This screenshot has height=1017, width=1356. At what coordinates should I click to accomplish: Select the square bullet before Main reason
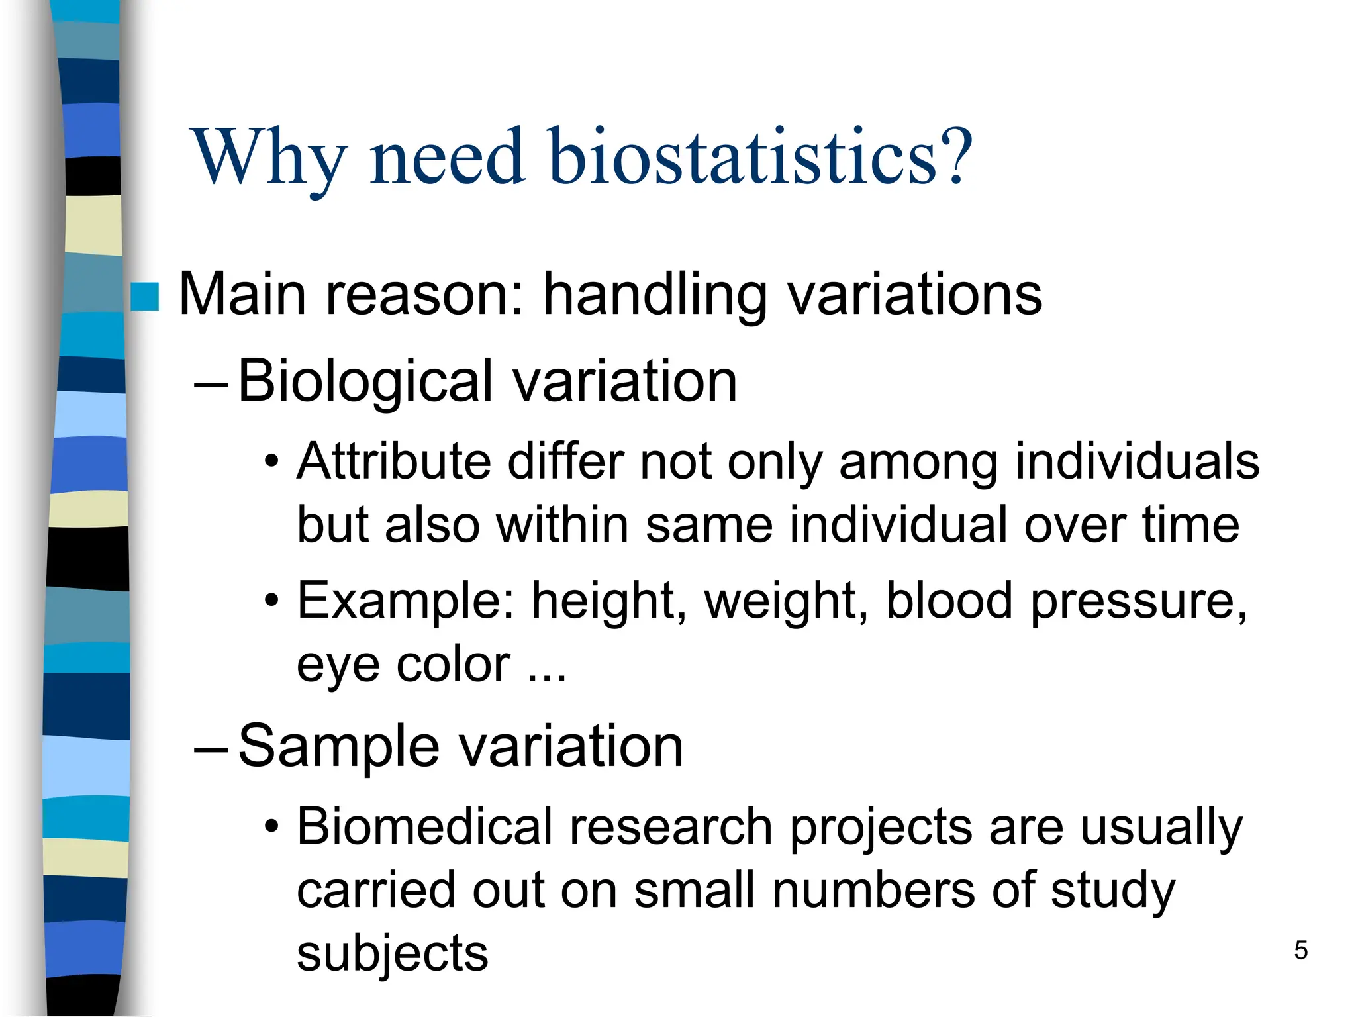pyautogui.click(x=145, y=297)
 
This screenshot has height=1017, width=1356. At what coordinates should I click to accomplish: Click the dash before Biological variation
pyautogui.click(x=211, y=384)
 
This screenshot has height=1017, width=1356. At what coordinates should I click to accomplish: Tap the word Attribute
pyautogui.click(x=394, y=461)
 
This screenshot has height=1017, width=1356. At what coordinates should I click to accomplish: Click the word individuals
pyautogui.click(x=1137, y=461)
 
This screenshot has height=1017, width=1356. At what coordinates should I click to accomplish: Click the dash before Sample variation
pyautogui.click(x=211, y=749)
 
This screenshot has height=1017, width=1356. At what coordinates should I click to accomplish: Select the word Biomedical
pyautogui.click(x=424, y=826)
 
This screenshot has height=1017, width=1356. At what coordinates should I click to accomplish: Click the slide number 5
pyautogui.click(x=1300, y=951)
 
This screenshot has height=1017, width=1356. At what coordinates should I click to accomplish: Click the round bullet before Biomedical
pyautogui.click(x=271, y=827)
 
